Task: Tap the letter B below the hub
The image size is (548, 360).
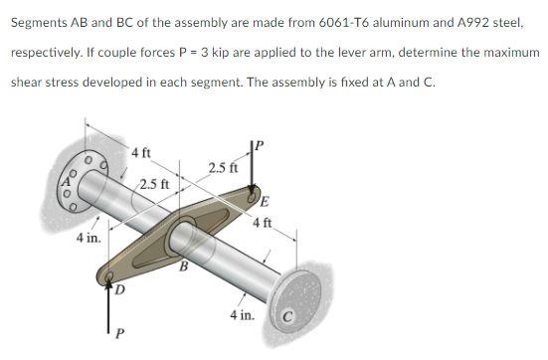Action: pyautogui.click(x=183, y=266)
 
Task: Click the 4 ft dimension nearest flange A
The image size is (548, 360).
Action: pyautogui.click(x=142, y=154)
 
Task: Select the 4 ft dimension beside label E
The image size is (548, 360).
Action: pyautogui.click(x=262, y=221)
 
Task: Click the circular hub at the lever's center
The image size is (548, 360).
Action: pyautogui.click(x=185, y=238)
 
